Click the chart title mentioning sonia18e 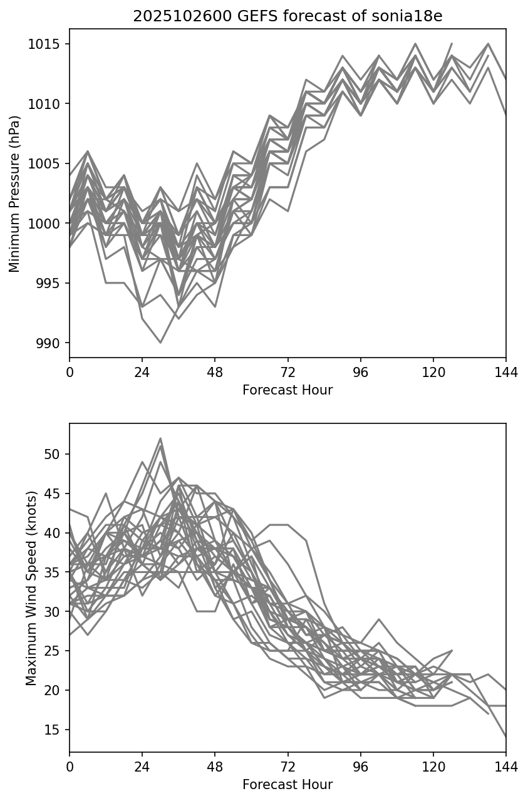click(287, 16)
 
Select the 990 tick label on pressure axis click(51, 343)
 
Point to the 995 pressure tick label click(51, 283)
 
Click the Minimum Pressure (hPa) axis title click(15, 193)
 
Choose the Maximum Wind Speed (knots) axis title click(31, 587)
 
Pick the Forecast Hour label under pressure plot click(287, 390)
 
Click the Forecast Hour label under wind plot click(287, 785)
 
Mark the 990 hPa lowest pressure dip click(160, 343)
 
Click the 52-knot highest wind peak click(160, 438)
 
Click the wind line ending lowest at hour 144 click(505, 736)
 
